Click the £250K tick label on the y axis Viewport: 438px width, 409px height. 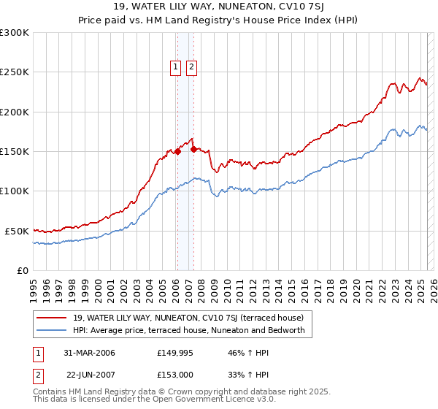point(15,72)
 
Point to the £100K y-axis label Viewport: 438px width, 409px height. point(15,191)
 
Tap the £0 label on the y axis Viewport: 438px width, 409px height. point(23,270)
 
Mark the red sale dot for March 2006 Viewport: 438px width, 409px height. point(177,152)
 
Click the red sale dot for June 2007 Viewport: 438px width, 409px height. point(193,149)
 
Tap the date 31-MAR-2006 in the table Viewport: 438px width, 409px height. point(89,353)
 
